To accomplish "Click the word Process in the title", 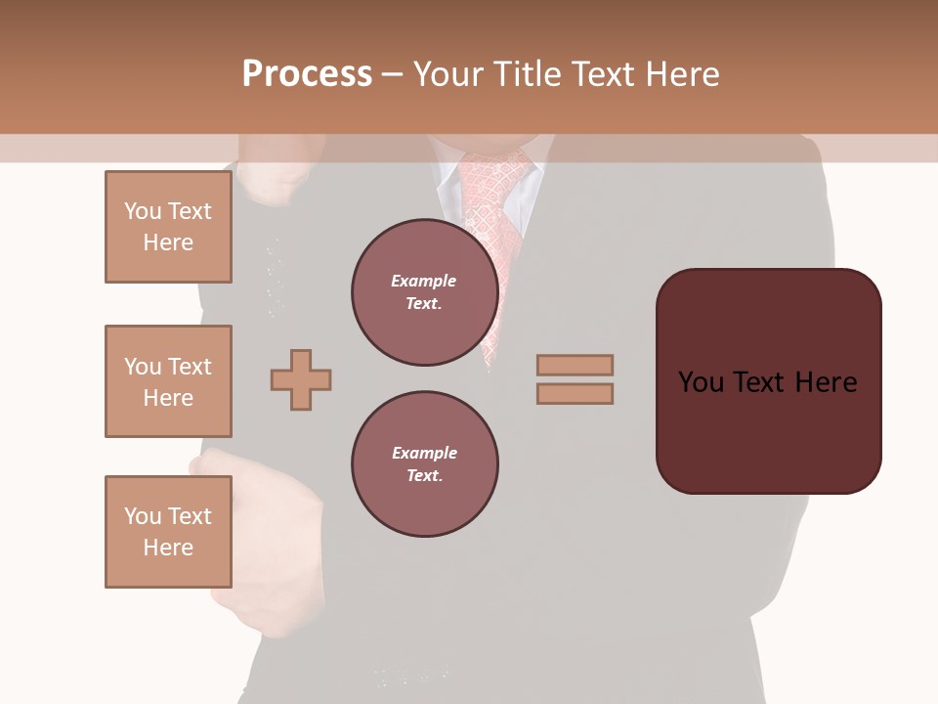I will click(307, 73).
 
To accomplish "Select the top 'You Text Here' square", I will click(168, 227).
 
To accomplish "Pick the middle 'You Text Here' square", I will click(168, 381).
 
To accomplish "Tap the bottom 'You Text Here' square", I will click(168, 532).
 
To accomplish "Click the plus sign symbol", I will click(301, 379).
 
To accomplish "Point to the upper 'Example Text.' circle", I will click(424, 292).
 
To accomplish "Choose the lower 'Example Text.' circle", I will click(424, 464).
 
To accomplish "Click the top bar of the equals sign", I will click(575, 365).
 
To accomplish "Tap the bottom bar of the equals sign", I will click(575, 394).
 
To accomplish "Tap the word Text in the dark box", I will click(767, 382).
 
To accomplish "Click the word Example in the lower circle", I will click(424, 453).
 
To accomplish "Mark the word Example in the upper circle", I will click(424, 281).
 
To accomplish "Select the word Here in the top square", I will click(168, 242).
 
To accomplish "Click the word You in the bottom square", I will click(142, 516).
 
